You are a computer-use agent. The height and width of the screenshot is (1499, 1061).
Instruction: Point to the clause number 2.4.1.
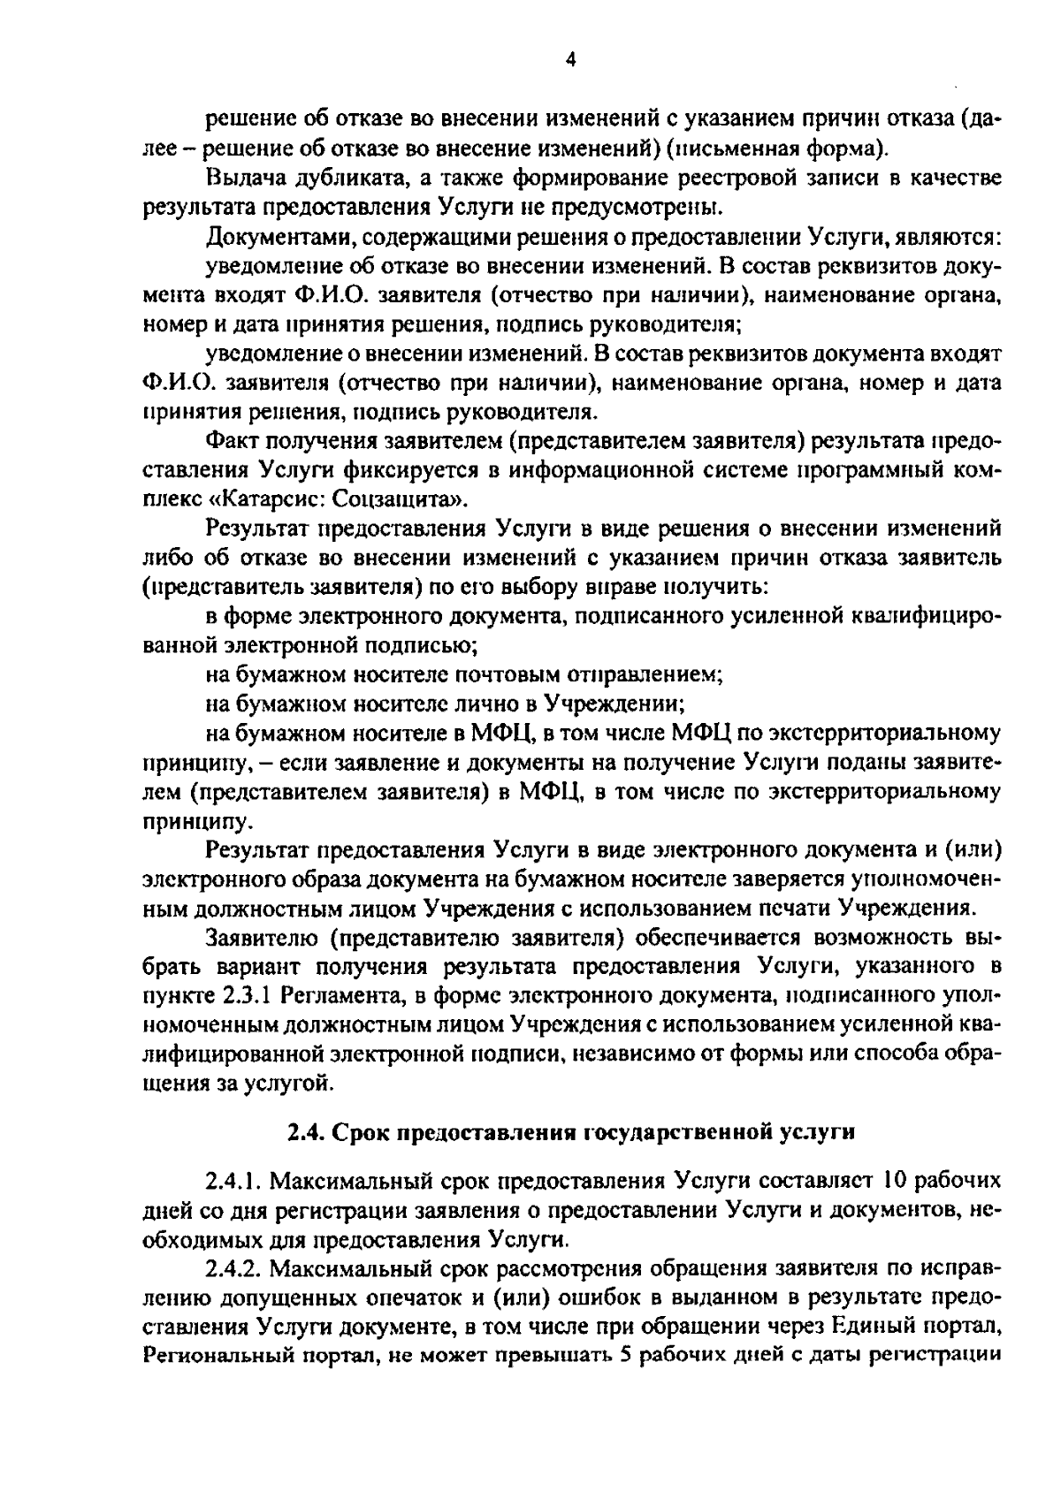(x=233, y=1181)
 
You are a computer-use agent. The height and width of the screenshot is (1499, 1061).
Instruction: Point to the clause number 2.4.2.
(x=233, y=1268)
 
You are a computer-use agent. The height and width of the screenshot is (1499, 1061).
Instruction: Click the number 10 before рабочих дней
(x=890, y=1181)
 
